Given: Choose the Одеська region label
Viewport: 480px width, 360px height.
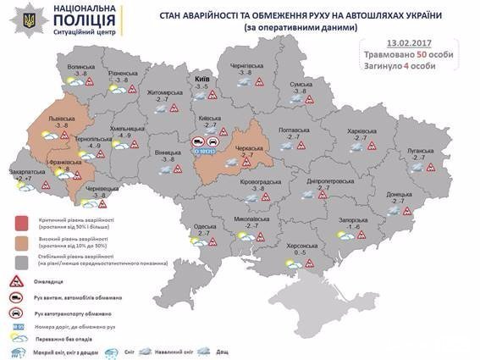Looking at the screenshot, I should [x=204, y=225].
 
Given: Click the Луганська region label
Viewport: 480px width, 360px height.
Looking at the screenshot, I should [x=421, y=150].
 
